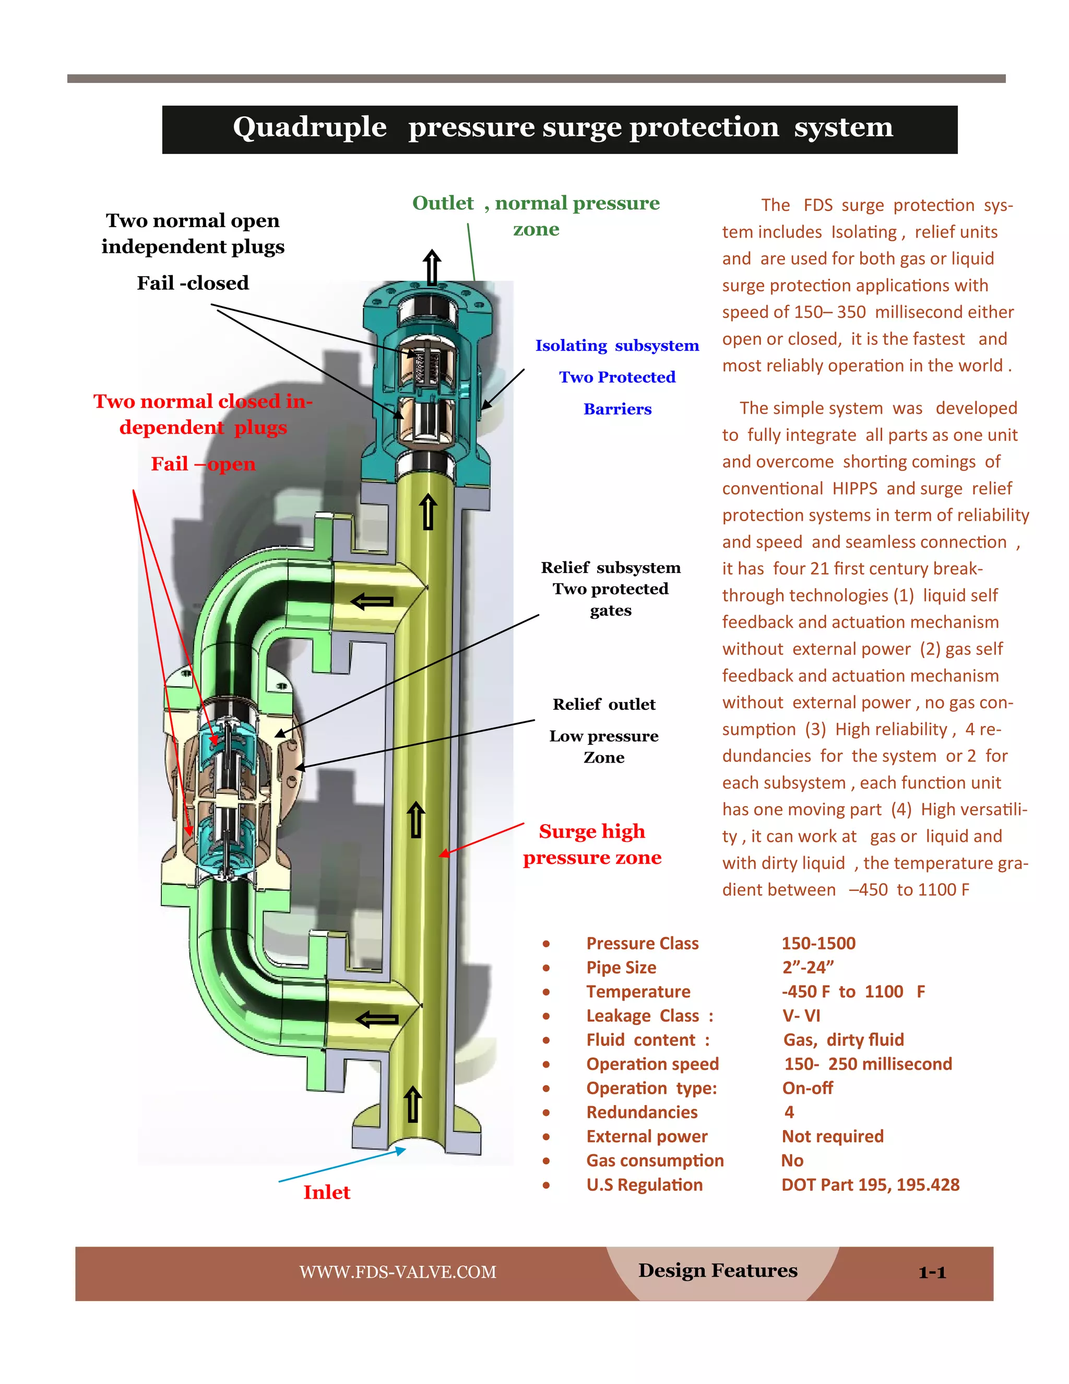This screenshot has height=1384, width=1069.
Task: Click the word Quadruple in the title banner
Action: tap(310, 127)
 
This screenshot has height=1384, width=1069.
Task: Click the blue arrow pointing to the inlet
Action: tap(342, 1165)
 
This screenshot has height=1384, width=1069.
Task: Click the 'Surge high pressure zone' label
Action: tap(592, 844)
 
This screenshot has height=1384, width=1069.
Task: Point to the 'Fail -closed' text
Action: tap(193, 283)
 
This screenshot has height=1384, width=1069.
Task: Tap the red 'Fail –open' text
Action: tap(203, 464)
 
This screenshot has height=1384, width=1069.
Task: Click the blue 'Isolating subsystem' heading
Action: tap(617, 345)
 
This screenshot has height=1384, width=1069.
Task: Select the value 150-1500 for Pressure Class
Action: tap(818, 944)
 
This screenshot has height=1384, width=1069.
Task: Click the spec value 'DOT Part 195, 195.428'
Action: tap(870, 1185)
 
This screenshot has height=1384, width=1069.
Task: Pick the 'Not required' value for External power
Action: tap(832, 1136)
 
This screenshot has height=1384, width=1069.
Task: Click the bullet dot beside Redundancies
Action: tap(546, 1113)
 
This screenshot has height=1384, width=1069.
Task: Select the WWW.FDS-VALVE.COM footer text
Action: tap(398, 1272)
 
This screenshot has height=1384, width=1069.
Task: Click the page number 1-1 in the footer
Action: tap(932, 1272)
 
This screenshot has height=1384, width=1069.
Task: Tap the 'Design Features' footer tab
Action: tap(718, 1271)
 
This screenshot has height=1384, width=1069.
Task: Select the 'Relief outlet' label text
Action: tap(603, 705)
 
